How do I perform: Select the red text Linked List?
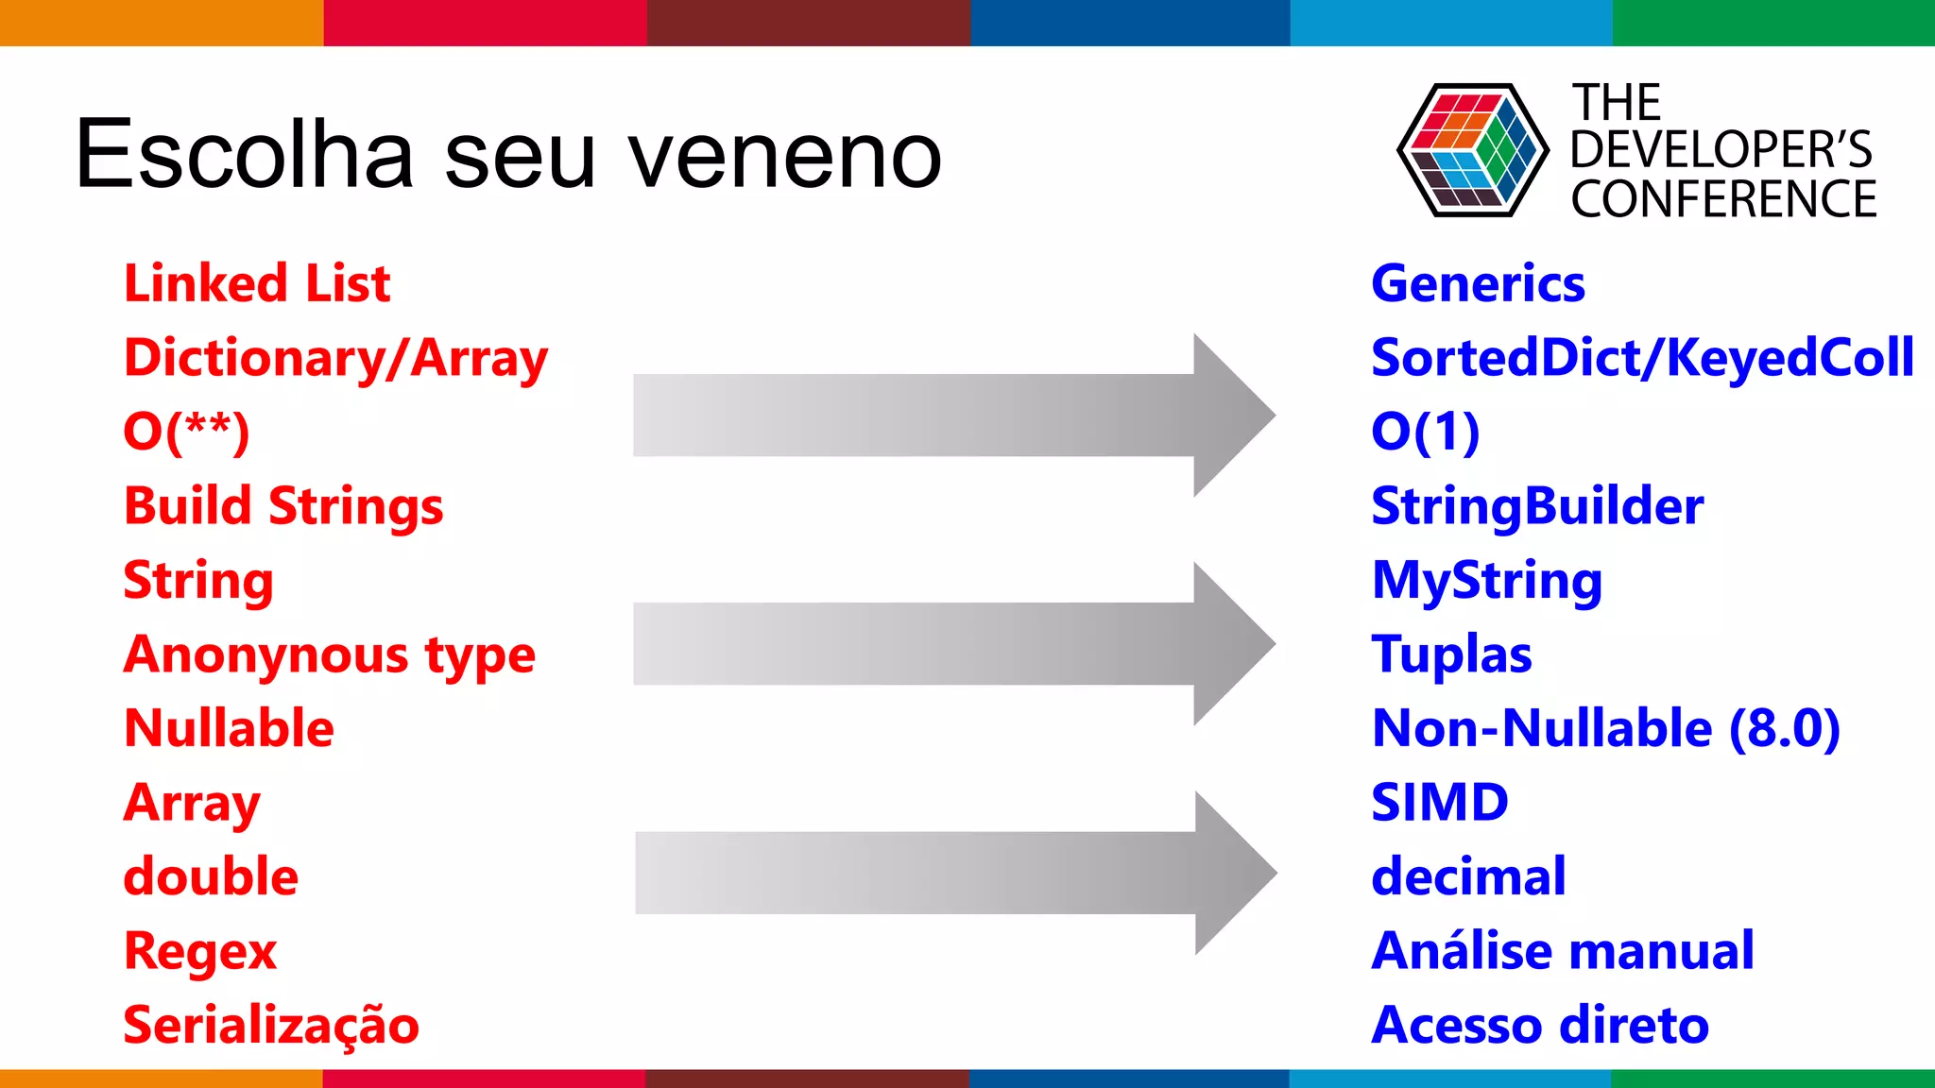257,283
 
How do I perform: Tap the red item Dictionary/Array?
335,359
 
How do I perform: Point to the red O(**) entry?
186,432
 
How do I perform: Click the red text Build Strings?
283,506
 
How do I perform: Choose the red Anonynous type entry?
329,654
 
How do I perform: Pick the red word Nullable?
229,728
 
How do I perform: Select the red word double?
211,876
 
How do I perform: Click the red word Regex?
200,951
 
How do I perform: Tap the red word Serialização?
271,1026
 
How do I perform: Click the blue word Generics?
1478,283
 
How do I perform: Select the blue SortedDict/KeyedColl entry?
1642,358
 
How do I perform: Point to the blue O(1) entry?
1425,432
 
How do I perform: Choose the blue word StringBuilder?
1537,506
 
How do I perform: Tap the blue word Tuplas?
1451,654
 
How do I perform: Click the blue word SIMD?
1439,803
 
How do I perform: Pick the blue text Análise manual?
1563,950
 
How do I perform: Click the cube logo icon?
1472,150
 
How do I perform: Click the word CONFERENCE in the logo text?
1723,199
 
